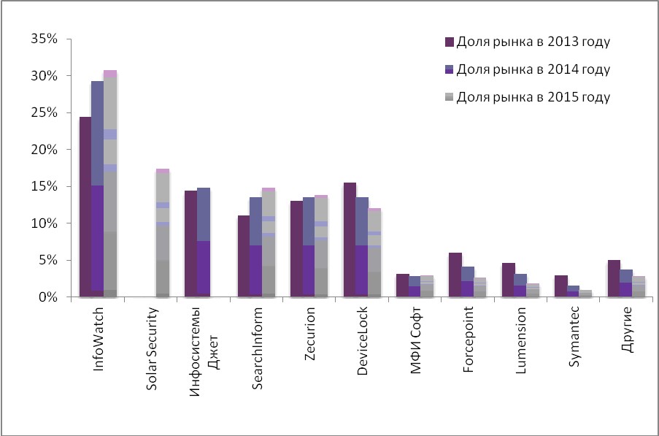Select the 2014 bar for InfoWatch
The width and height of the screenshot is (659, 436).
[97, 189]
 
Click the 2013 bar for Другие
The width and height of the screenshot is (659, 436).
[614, 278]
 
